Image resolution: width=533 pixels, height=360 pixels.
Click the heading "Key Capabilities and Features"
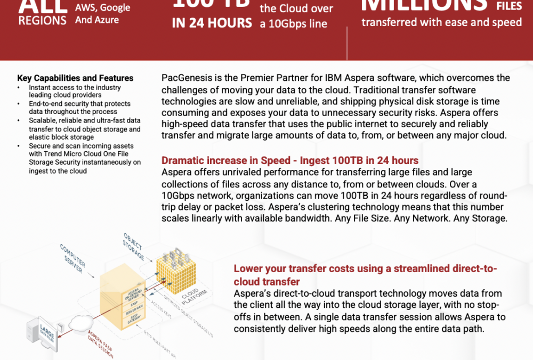click(x=75, y=78)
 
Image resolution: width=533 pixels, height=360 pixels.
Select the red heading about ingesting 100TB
click(x=289, y=161)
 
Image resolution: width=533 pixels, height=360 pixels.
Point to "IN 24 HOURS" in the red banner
click(x=212, y=23)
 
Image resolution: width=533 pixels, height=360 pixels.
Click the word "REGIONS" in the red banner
click(x=43, y=20)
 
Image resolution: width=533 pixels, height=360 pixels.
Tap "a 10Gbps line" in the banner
click(x=294, y=24)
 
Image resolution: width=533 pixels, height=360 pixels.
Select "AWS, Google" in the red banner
click(x=102, y=7)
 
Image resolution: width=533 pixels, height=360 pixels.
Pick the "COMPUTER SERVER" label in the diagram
click(x=72, y=259)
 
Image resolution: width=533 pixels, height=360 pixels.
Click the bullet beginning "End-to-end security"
click(x=79, y=108)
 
